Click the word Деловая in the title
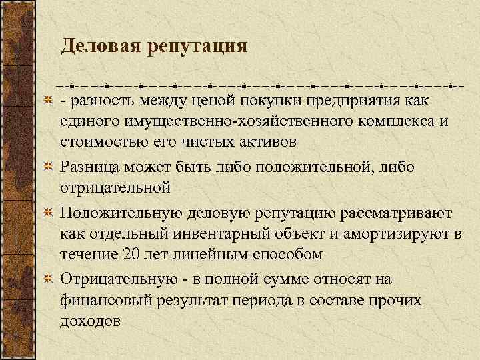tap(101, 46)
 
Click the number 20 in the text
tap(131, 255)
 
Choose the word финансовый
tap(105, 299)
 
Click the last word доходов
tap(91, 321)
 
